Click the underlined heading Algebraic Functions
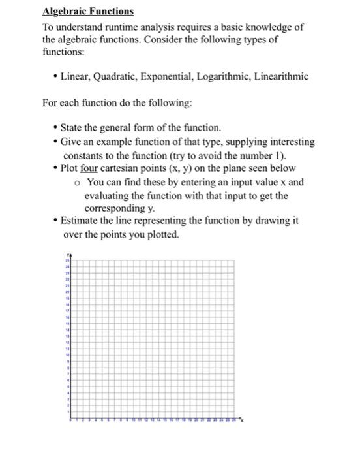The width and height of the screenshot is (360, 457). click(87, 12)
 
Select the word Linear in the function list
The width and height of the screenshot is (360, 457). click(76, 76)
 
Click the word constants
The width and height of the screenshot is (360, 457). click(84, 155)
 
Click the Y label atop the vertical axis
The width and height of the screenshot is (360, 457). click(67, 255)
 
